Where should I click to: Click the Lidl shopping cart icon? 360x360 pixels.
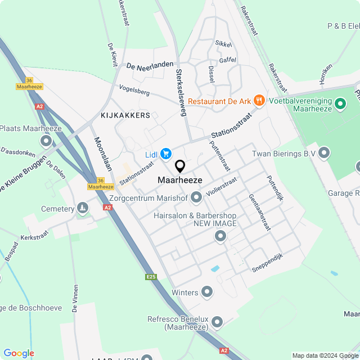click(x=166, y=154)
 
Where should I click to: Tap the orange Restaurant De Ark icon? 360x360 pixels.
click(x=259, y=101)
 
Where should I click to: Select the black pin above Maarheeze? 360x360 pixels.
click(x=180, y=166)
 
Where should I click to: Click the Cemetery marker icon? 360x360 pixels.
click(x=83, y=209)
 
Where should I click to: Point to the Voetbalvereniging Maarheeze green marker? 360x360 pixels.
click(x=340, y=104)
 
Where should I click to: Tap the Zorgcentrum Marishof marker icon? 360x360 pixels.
click(x=196, y=197)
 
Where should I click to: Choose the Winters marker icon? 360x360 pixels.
click(x=208, y=291)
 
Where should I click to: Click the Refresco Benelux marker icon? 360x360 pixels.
click(x=217, y=322)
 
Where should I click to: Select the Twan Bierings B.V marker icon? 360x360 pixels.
click(x=324, y=152)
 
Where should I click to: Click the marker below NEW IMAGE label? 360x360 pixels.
click(x=220, y=237)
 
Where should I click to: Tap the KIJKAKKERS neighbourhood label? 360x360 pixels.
click(x=125, y=115)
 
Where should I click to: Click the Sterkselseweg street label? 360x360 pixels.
click(x=181, y=93)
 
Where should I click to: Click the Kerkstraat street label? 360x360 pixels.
click(x=35, y=238)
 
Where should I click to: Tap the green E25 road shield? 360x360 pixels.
click(x=150, y=277)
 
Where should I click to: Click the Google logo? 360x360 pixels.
click(x=19, y=353)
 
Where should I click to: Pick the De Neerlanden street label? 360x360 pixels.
click(x=150, y=66)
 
